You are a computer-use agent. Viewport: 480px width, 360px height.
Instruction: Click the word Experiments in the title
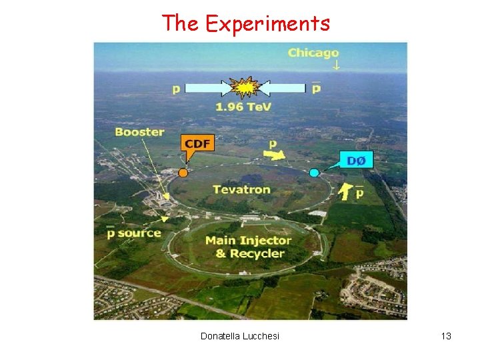pos(267,24)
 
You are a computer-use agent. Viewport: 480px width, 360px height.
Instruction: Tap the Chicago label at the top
pos(313,53)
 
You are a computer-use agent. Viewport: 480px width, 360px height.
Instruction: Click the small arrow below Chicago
pos(337,65)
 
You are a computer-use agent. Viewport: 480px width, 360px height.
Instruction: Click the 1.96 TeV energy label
pos(243,107)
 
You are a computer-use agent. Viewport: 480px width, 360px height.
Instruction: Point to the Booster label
pos(139,132)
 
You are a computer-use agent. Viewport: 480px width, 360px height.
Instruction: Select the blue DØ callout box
pos(357,159)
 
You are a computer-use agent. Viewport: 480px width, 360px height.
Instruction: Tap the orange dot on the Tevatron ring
pos(183,173)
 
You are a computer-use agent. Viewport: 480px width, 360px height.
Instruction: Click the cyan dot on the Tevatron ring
pos(314,173)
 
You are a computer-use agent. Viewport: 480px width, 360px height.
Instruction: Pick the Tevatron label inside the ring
pos(241,189)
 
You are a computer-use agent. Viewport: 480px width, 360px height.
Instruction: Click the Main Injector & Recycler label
pos(249,247)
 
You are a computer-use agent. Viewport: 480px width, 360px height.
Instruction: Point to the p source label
pos(134,232)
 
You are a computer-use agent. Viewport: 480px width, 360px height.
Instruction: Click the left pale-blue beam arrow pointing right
pos(207,87)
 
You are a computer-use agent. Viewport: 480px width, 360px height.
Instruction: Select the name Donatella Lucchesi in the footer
pos(240,336)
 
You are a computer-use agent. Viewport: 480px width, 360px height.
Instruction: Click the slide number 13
pos(446,336)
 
